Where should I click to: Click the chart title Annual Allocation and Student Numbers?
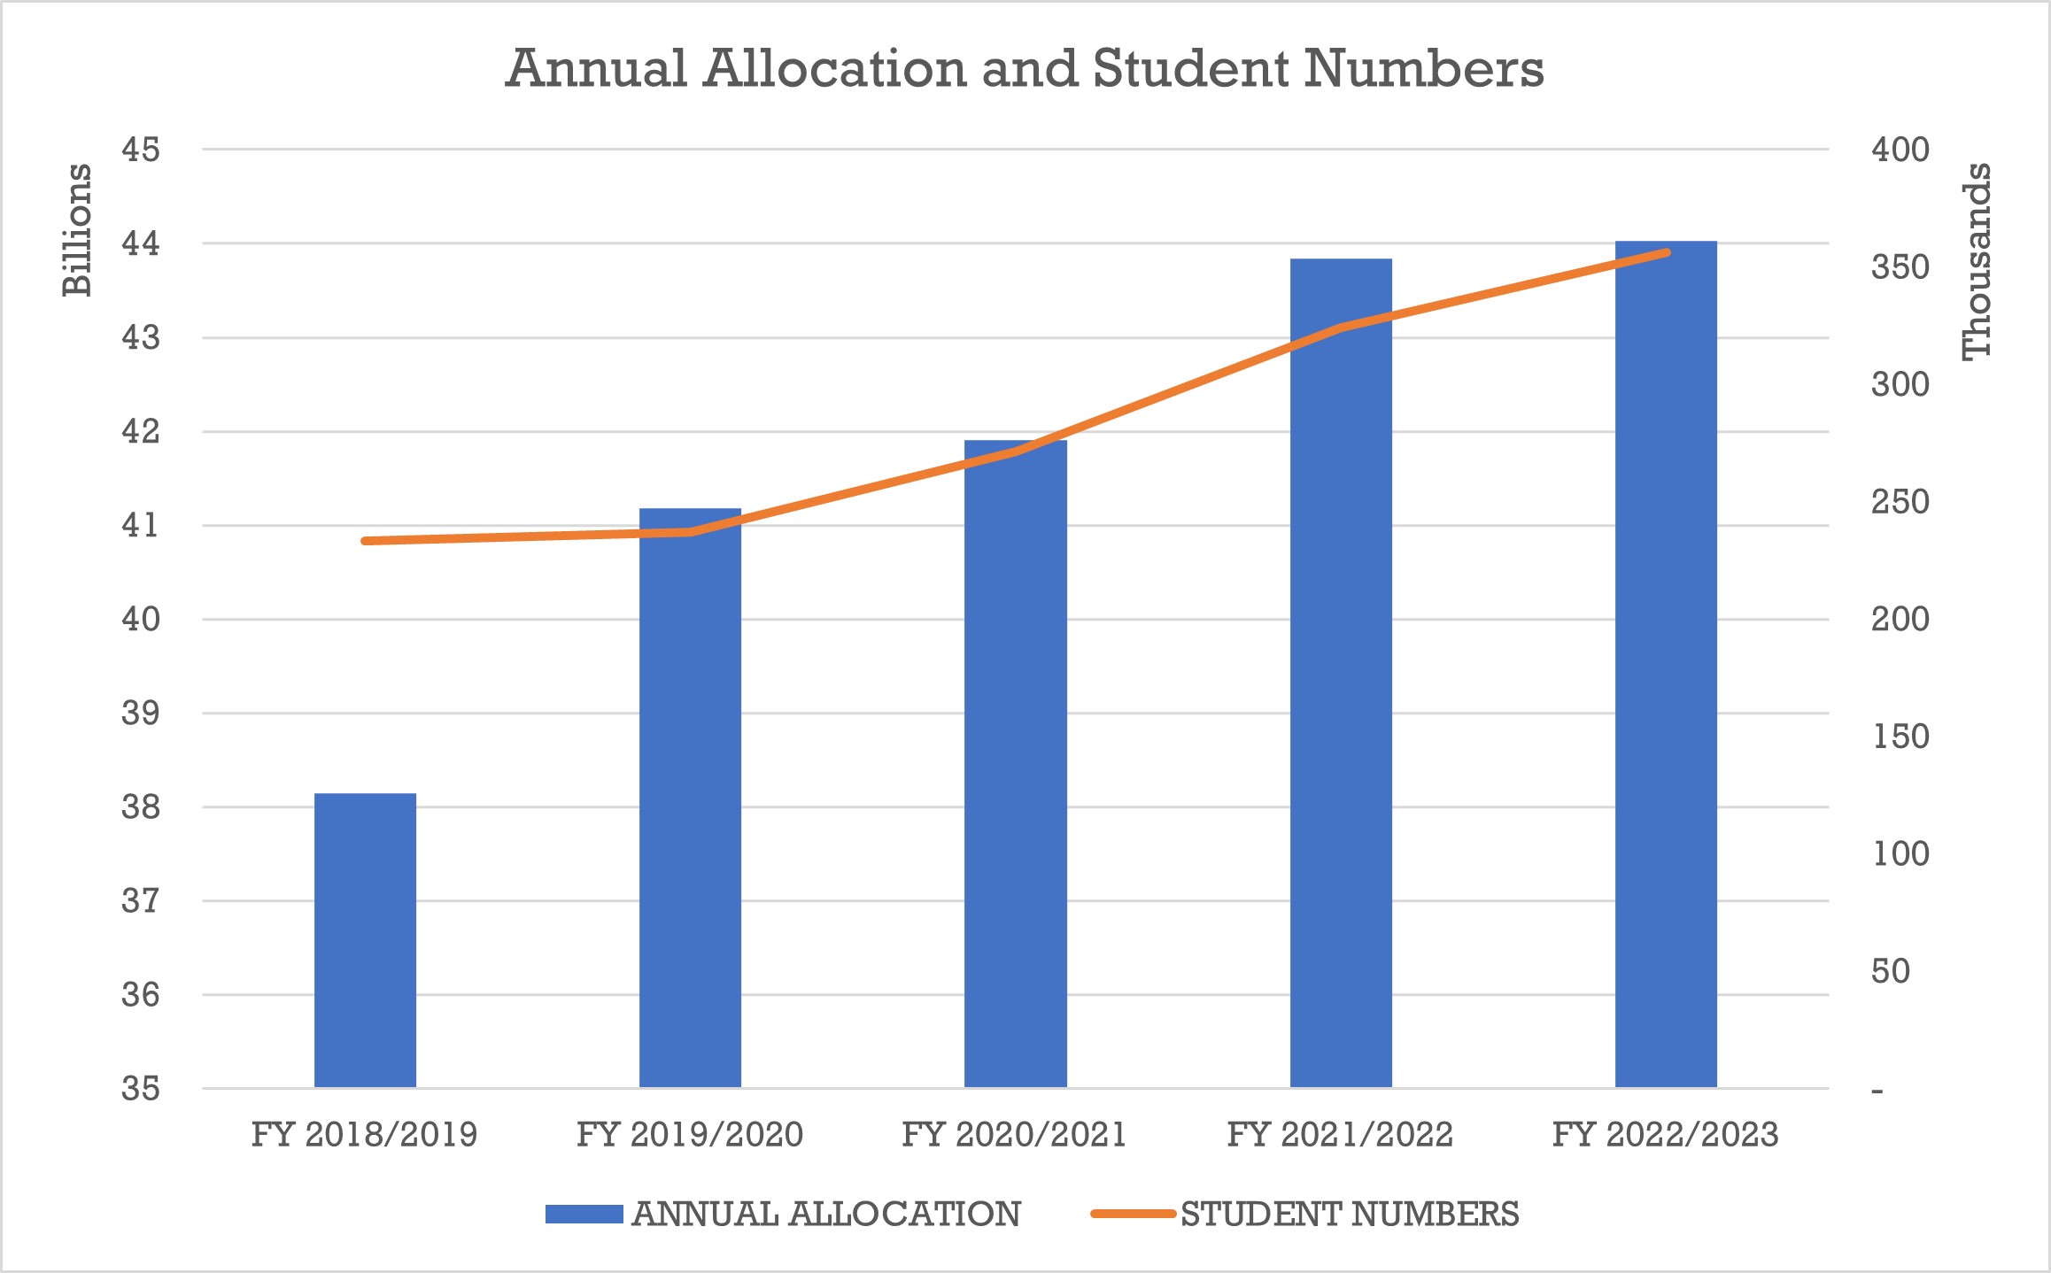(1025, 68)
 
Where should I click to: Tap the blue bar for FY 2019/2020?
(690, 797)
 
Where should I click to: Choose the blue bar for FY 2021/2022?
(1341, 673)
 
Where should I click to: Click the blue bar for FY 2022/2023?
(1666, 664)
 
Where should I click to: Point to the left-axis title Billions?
(77, 230)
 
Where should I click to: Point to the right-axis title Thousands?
(1977, 262)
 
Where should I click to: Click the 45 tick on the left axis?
(141, 150)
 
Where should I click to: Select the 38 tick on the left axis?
(141, 807)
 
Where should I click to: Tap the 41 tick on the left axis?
(141, 526)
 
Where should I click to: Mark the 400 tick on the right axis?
(1900, 150)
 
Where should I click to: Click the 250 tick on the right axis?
(1900, 502)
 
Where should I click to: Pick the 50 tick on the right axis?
(1891, 972)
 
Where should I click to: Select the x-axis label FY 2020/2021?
(1014, 1134)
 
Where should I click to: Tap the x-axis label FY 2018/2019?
(364, 1134)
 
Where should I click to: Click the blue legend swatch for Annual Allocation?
(584, 1214)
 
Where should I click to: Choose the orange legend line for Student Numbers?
(1133, 1214)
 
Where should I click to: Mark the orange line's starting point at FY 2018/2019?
(365, 541)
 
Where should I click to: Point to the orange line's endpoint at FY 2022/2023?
(1667, 253)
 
